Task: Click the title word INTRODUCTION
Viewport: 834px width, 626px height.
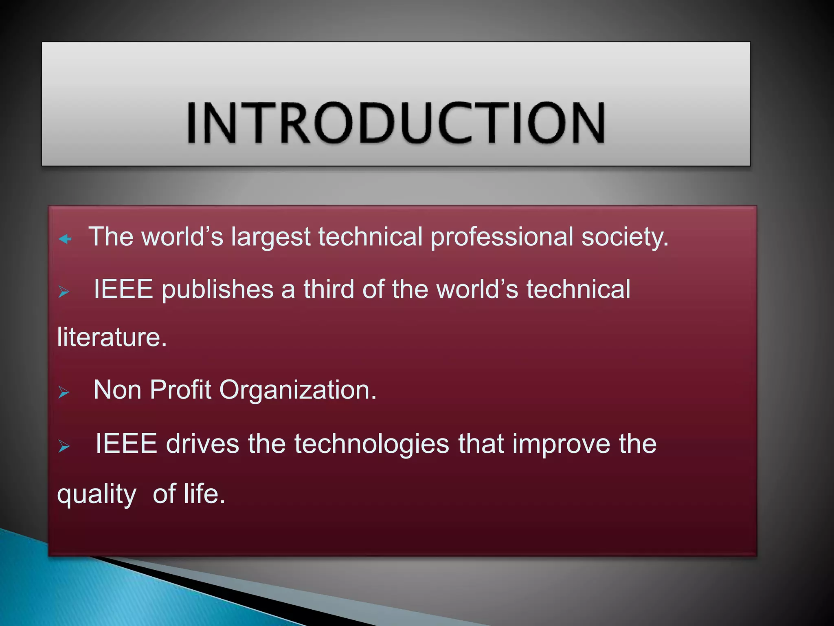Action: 396,123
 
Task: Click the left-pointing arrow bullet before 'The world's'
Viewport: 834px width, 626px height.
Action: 65,239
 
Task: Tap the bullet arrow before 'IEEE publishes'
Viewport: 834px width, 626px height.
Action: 64,292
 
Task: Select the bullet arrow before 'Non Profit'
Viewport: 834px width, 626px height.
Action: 64,392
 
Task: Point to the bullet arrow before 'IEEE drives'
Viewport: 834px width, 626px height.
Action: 64,446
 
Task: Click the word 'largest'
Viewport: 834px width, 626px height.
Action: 271,237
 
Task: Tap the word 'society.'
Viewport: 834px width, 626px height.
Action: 625,237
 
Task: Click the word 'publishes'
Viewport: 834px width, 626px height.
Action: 217,290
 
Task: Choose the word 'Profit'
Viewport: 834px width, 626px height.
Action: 180,390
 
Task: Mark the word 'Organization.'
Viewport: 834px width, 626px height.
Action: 298,390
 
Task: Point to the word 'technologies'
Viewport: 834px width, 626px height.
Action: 371,444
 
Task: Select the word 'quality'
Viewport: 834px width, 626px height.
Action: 97,495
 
